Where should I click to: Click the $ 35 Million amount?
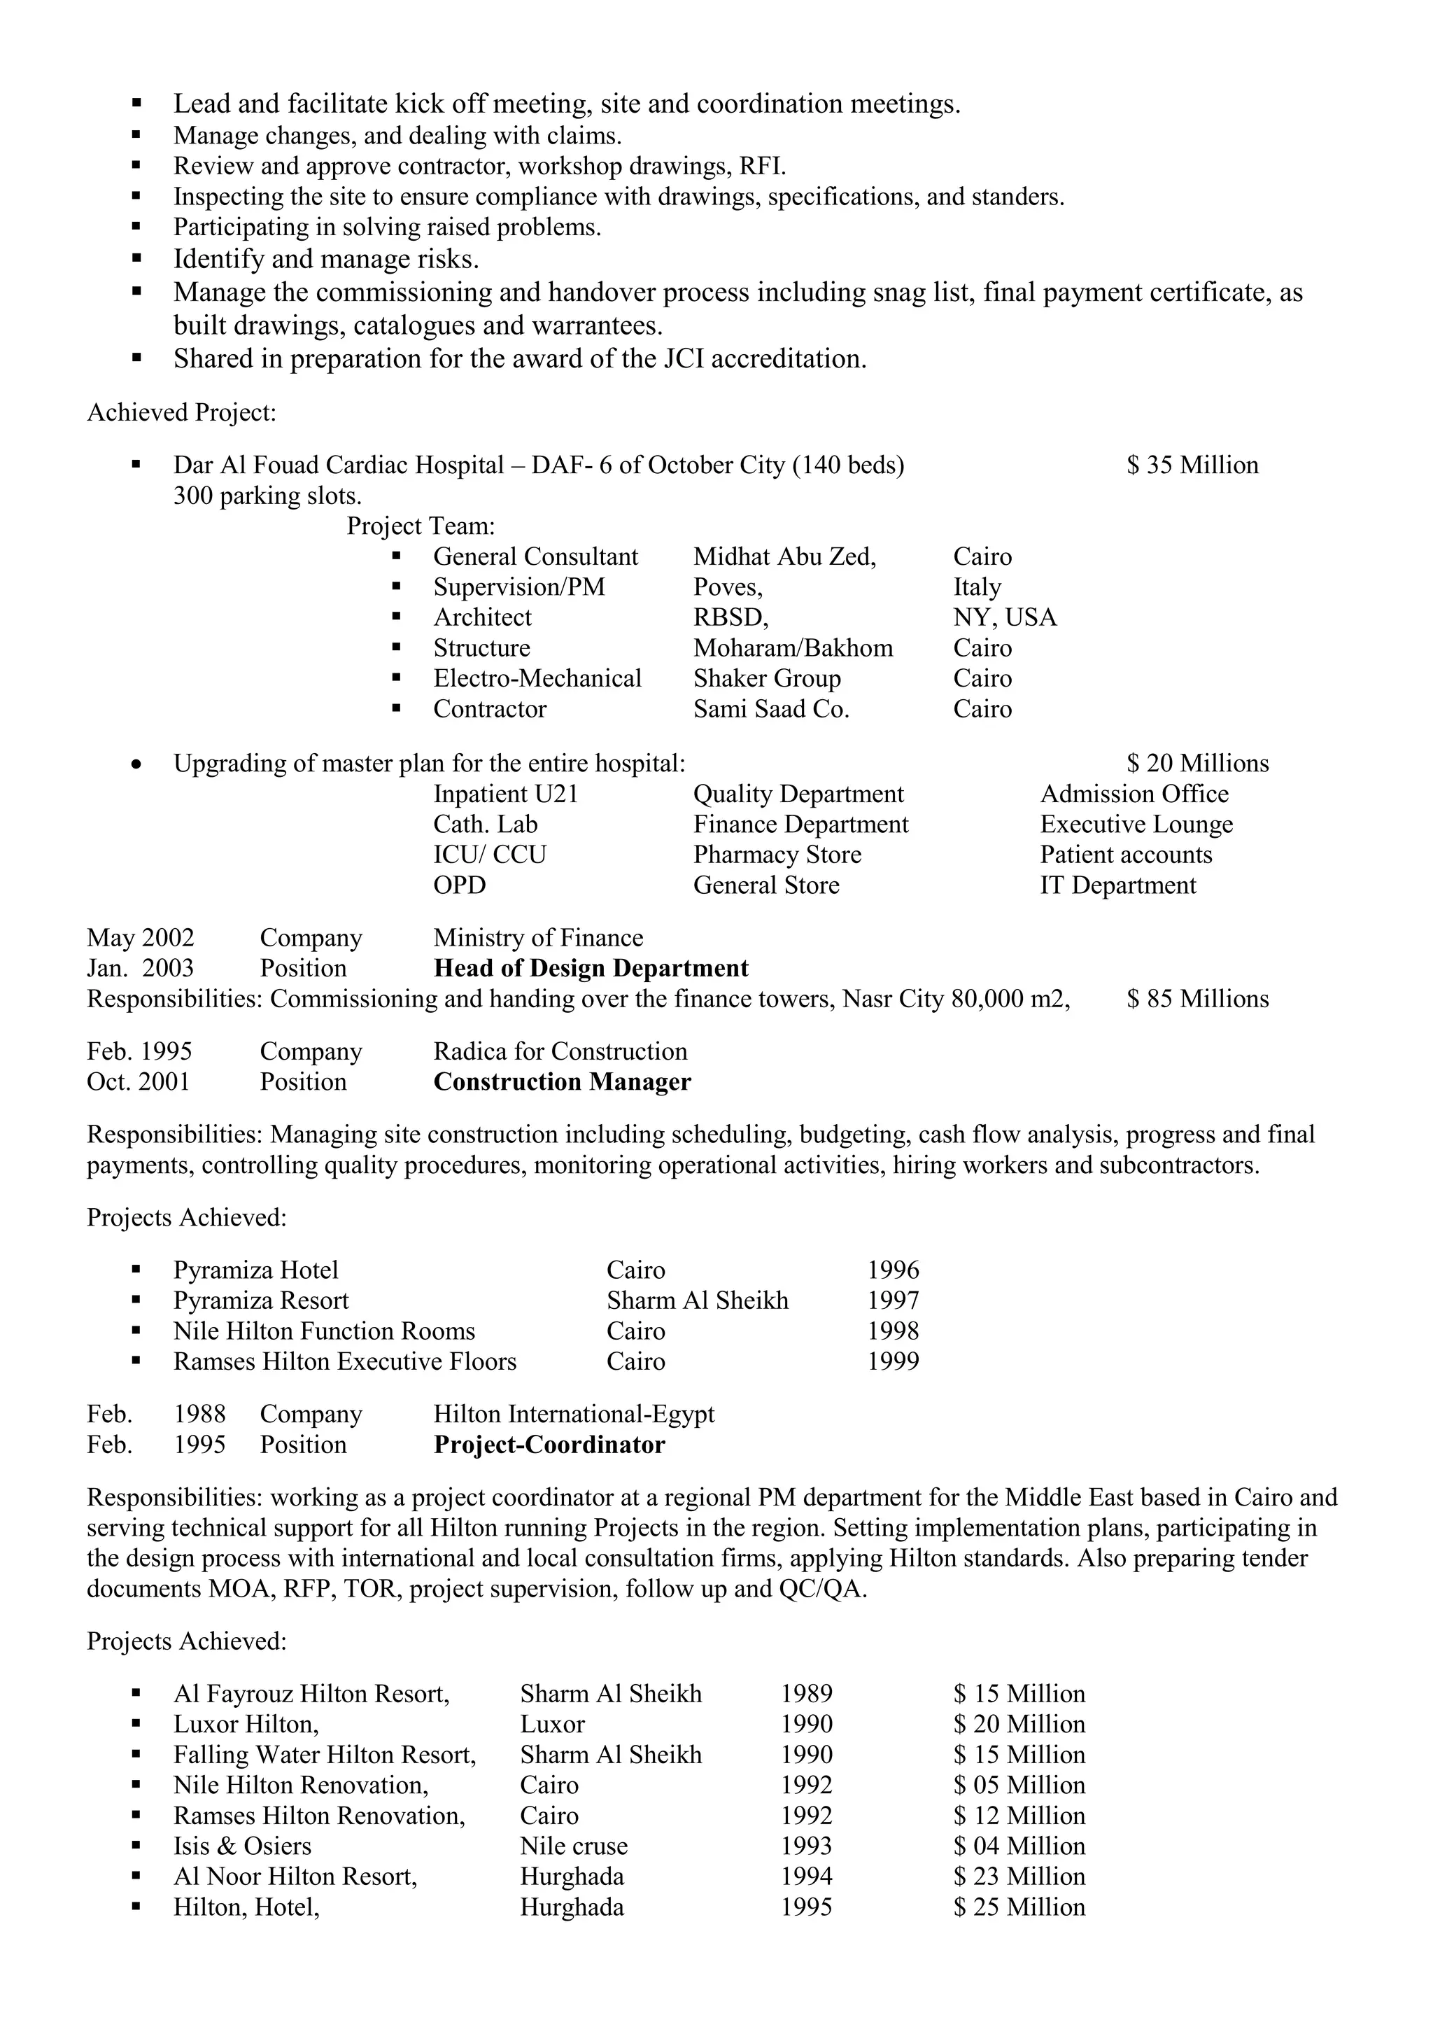tap(1192, 465)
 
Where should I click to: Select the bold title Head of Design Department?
tap(591, 969)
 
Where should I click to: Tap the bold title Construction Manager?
tap(562, 1082)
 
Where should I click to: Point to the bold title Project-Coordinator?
tap(549, 1445)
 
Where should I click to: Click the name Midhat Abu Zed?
tap(784, 557)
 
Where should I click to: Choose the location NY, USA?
tap(1004, 618)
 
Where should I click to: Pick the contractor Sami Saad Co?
tap(770, 710)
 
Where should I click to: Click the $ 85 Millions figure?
tap(1197, 1000)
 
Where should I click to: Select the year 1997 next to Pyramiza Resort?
tap(893, 1301)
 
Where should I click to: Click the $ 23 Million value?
tap(1019, 1877)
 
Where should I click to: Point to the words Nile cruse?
tap(574, 1847)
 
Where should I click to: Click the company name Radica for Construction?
tap(560, 1052)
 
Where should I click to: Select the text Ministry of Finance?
tap(538, 939)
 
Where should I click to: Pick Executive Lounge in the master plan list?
tap(1136, 825)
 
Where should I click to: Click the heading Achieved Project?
tap(182, 413)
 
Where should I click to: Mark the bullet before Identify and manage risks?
tap(136, 260)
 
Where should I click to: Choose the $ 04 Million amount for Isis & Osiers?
tap(1019, 1847)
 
